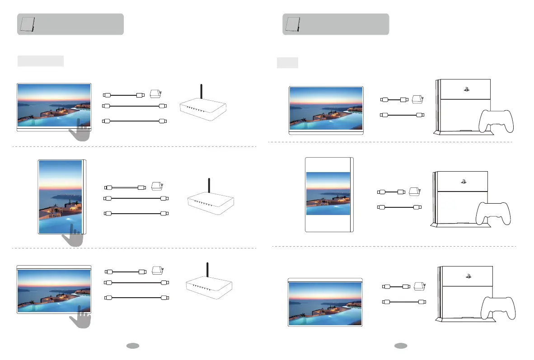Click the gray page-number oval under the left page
(x=132, y=346)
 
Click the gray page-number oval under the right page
(x=400, y=346)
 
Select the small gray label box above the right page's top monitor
(x=287, y=62)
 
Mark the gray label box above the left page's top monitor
(x=41, y=61)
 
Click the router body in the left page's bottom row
(x=209, y=285)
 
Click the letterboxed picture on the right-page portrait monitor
(x=328, y=193)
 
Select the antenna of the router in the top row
(x=201, y=94)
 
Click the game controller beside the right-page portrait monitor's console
(x=493, y=213)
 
